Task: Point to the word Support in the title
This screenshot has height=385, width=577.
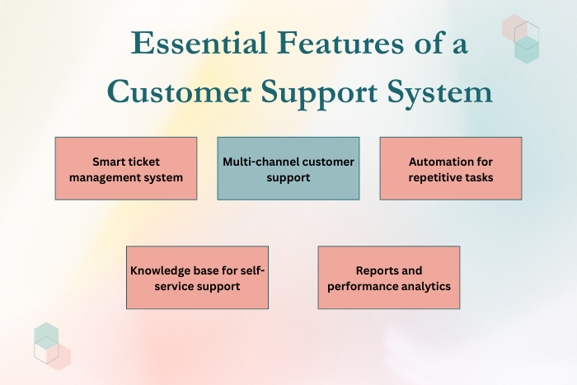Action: (327, 92)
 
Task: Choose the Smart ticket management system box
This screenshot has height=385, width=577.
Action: (126, 168)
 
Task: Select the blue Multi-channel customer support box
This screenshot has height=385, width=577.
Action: (288, 168)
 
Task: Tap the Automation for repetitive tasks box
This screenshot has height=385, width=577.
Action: (451, 168)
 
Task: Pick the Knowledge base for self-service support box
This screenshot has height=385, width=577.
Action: (197, 277)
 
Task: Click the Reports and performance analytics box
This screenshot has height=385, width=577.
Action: (389, 277)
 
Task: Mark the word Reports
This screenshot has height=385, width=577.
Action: (376, 270)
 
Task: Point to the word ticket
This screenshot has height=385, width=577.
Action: (145, 162)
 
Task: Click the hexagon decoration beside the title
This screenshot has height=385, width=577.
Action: (522, 37)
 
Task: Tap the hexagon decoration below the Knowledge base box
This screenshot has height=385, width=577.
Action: (51, 345)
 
